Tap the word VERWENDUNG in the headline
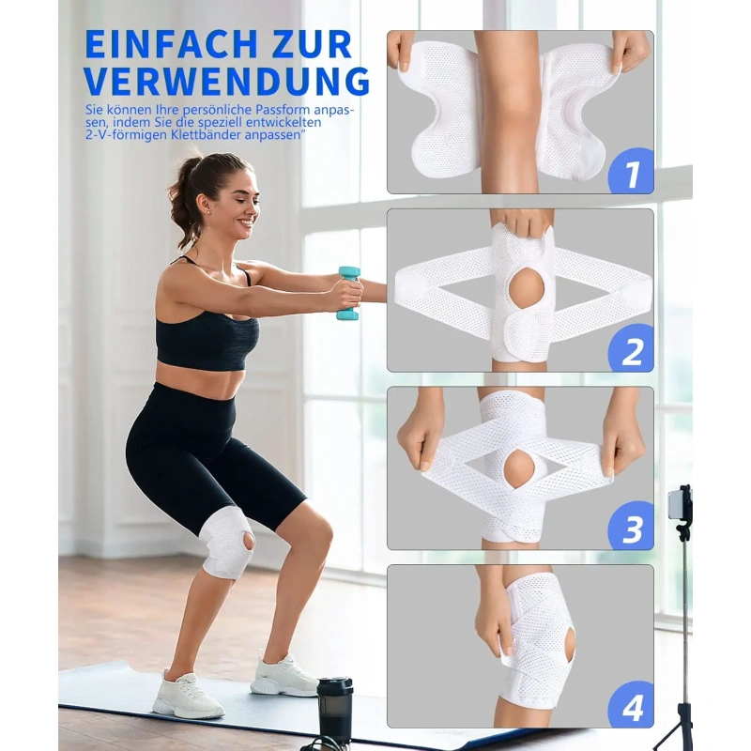(x=227, y=81)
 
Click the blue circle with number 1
(x=631, y=171)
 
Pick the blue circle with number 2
(x=631, y=348)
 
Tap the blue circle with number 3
(x=631, y=526)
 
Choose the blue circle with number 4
(x=631, y=704)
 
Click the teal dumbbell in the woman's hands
(x=348, y=293)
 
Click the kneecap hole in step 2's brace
(x=526, y=289)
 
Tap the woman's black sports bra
(x=206, y=330)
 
